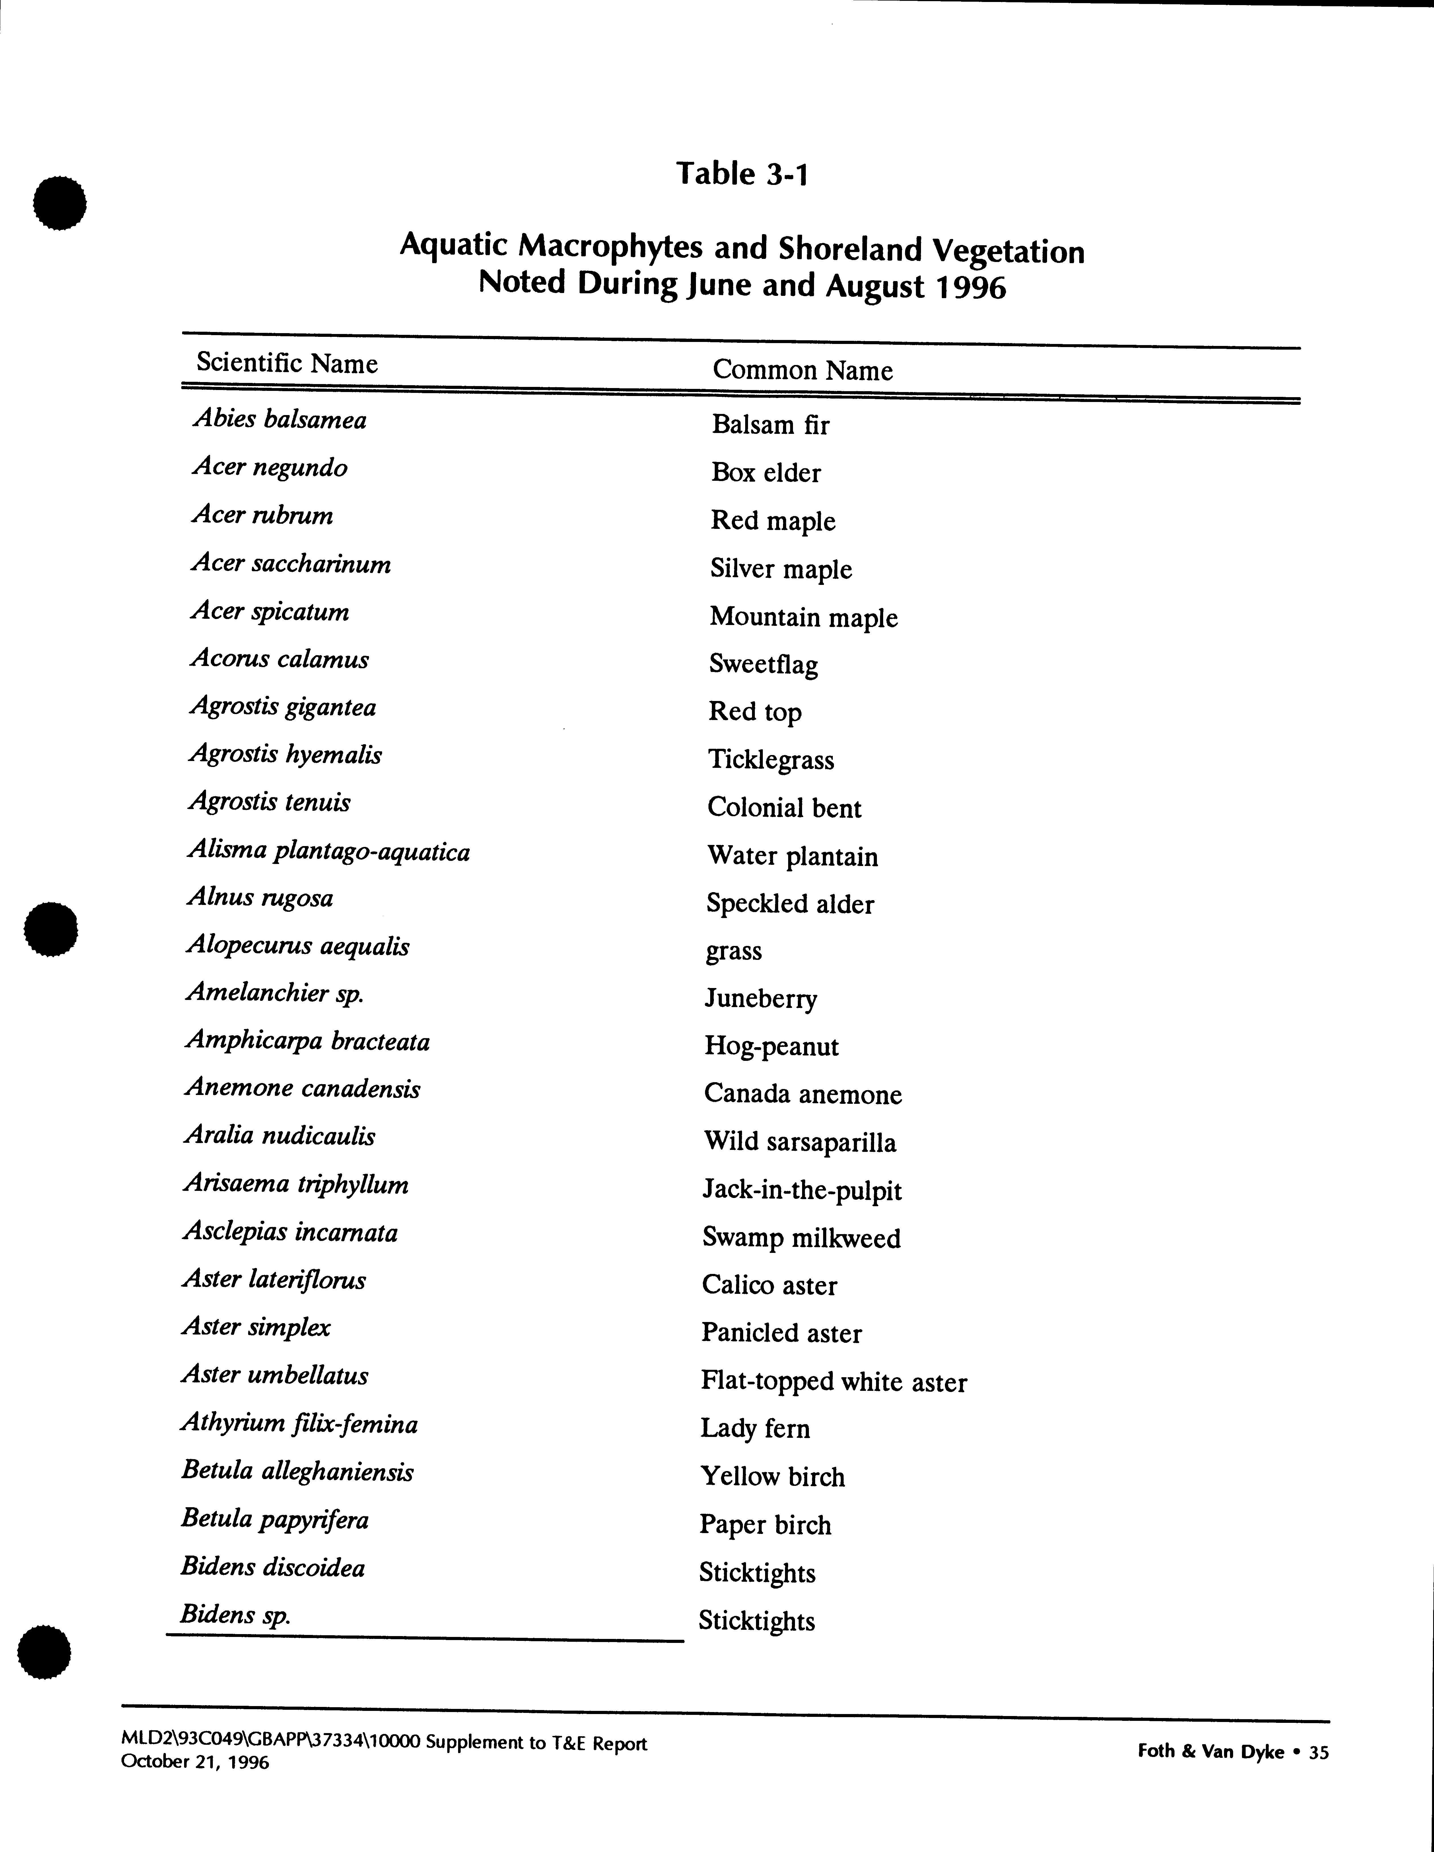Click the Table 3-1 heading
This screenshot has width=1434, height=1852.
point(742,174)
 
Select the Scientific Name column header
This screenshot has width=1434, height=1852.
point(287,364)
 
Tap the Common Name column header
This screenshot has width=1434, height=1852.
point(802,371)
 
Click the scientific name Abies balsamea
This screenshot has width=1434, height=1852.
point(279,420)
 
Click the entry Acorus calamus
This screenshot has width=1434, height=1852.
point(279,660)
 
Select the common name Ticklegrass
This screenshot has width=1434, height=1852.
point(771,760)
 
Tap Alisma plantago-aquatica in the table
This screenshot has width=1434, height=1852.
point(328,851)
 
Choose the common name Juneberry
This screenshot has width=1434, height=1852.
point(761,999)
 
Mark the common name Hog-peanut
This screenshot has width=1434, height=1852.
point(771,1046)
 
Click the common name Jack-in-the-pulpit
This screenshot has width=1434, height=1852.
point(802,1191)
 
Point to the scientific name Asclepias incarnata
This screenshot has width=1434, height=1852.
point(290,1232)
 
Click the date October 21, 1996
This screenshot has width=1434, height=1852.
point(195,1762)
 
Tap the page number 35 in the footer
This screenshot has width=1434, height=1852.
point(1319,1752)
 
